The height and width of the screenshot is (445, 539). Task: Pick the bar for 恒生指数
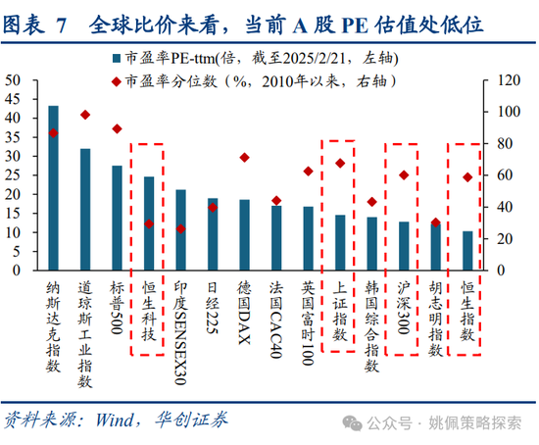467,251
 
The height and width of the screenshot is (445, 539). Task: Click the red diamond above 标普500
117,128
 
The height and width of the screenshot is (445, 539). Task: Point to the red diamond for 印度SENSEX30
180,228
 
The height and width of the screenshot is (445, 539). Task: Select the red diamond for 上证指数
340,163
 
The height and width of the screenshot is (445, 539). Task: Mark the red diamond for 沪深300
404,175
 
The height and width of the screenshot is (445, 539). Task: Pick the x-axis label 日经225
213,308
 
